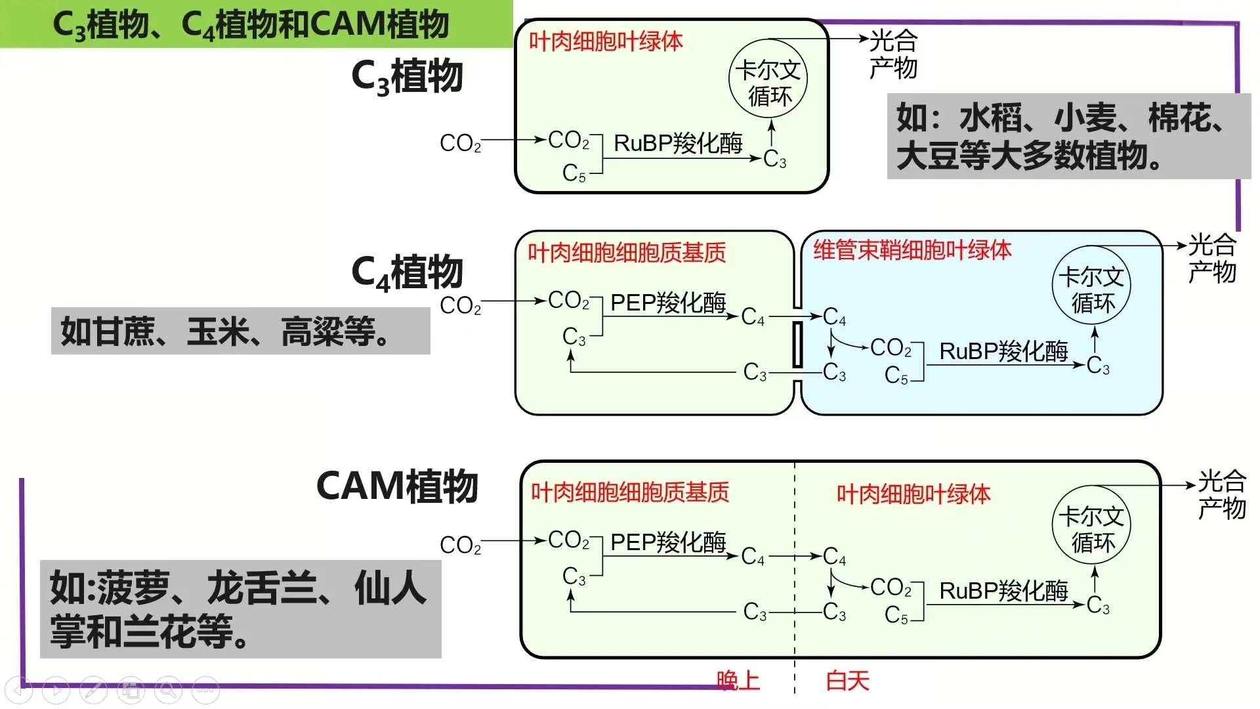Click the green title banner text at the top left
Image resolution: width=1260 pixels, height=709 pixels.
tap(251, 25)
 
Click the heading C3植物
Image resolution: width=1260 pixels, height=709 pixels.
tap(407, 76)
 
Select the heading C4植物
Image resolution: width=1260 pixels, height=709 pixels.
tap(407, 272)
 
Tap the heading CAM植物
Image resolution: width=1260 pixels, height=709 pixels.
tap(397, 486)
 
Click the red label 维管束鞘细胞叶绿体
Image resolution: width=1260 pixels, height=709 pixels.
tap(912, 250)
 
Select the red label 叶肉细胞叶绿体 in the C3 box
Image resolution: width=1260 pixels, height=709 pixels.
tap(606, 41)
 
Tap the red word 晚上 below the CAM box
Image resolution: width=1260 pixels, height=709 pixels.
tap(738, 680)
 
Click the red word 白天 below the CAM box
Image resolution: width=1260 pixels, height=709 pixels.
tap(847, 680)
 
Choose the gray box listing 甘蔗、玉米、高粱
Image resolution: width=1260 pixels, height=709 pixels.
tap(240, 331)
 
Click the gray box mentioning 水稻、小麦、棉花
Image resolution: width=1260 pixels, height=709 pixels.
tap(1068, 137)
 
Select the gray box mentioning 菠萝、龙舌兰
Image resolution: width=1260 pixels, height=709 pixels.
tap(240, 609)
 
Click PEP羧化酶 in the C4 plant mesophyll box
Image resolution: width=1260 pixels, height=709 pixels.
tap(667, 303)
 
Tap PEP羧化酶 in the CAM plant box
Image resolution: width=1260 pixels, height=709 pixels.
tap(667, 542)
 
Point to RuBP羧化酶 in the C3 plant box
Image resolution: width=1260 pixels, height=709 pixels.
tap(677, 143)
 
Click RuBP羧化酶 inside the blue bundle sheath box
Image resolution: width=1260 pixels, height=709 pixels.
tap(1003, 351)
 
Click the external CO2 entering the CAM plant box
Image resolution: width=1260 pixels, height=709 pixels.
tap(460, 545)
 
